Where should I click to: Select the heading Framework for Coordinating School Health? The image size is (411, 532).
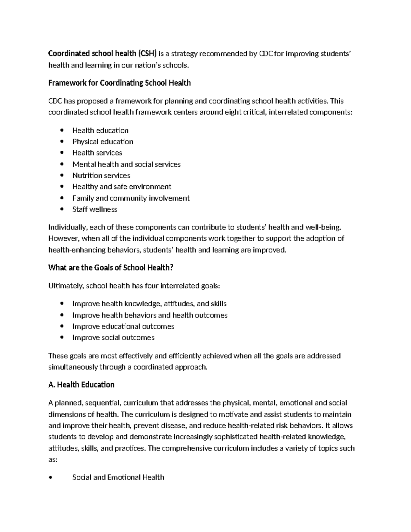pos(120,83)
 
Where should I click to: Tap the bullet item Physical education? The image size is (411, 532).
pos(103,141)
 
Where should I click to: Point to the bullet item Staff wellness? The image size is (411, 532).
pos(95,209)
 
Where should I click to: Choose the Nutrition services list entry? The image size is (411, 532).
pos(101,175)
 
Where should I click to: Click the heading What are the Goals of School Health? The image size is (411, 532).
pos(111,268)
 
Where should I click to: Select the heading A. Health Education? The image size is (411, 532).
pos(82,385)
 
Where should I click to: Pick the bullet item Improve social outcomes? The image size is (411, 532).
pos(113,337)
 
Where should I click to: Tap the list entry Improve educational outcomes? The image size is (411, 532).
pos(123,326)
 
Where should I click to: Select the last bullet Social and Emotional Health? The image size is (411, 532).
pos(118,477)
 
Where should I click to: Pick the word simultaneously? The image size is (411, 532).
pos(73,367)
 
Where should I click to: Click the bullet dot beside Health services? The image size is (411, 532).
pos(62,153)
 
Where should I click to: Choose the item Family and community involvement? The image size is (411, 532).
pos(131,198)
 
